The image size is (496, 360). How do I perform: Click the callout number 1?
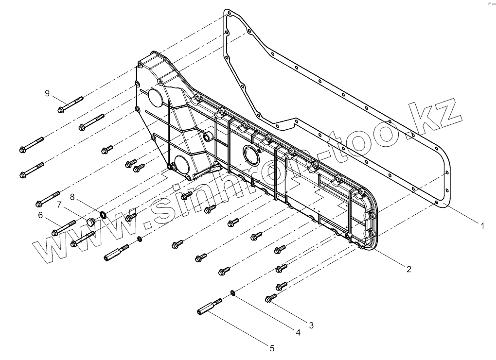click(x=482, y=225)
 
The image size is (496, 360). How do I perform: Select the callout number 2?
click(x=408, y=269)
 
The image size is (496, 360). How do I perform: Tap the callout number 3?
click(x=312, y=325)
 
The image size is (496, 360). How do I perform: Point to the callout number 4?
click(x=298, y=333)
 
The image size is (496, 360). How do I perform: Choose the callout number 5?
click(x=272, y=348)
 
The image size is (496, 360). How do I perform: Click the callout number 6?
click(x=40, y=215)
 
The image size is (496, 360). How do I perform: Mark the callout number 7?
click(x=59, y=205)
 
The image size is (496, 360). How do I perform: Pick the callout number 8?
click(x=72, y=197)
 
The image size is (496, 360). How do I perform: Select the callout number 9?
click(x=47, y=93)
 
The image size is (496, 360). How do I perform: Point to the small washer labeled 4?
click(x=233, y=293)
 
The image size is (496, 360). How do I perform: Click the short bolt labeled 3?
click(x=271, y=297)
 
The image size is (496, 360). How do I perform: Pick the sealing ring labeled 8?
click(x=103, y=214)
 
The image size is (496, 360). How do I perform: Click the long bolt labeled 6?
click(x=63, y=228)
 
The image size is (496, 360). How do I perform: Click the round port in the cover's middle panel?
click(x=252, y=155)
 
